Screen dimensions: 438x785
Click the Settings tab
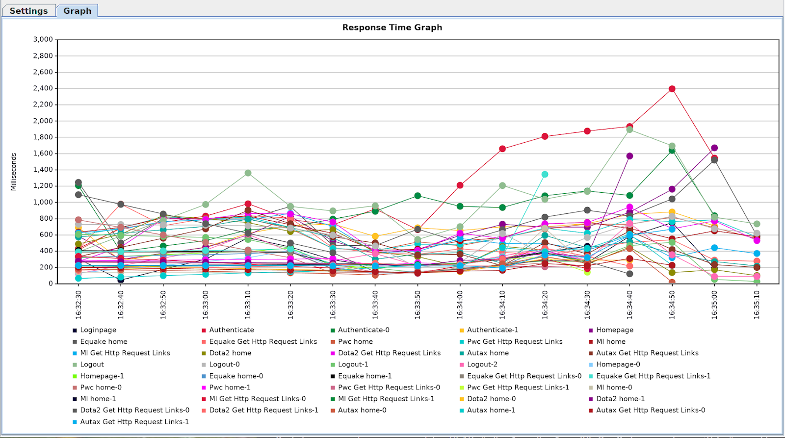pos(28,11)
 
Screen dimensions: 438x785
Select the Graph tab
pos(77,11)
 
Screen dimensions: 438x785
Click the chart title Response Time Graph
pos(392,27)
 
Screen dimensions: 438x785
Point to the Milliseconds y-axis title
pos(14,172)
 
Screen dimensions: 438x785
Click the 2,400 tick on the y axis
pos(43,88)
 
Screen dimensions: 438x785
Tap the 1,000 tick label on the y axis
pos(43,202)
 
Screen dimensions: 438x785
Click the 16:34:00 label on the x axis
pos(460,305)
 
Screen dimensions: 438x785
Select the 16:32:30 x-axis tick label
pos(78,305)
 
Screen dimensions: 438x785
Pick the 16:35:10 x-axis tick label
pos(757,305)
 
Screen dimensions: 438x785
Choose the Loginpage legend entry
pos(98,330)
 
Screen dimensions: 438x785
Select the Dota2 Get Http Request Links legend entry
pos(389,353)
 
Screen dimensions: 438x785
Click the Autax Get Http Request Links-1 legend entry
pos(134,422)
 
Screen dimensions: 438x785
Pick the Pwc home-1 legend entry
pos(230,387)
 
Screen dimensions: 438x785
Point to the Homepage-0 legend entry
pos(618,364)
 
